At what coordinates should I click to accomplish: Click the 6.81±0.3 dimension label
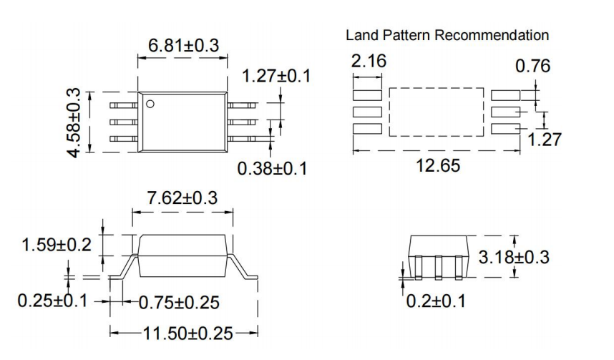[x=183, y=45]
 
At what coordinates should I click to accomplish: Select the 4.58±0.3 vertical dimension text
[x=74, y=123]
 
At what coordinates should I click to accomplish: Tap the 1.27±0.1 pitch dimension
[x=277, y=76]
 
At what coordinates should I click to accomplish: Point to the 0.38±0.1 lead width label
[x=272, y=169]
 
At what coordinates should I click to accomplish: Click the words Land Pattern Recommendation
[x=447, y=35]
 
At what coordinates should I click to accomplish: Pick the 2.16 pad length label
[x=369, y=62]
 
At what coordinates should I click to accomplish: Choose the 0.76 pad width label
[x=533, y=67]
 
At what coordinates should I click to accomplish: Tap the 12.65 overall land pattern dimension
[x=438, y=166]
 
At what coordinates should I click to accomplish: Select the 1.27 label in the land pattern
[x=545, y=140]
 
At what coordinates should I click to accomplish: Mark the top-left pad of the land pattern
[x=369, y=94]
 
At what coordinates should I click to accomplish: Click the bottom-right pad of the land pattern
[x=506, y=128]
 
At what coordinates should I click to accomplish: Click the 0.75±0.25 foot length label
[x=179, y=302]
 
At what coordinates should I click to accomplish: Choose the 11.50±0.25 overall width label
[x=184, y=333]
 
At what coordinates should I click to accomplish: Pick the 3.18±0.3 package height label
[x=514, y=256]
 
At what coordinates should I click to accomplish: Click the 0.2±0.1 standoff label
[x=436, y=301]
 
